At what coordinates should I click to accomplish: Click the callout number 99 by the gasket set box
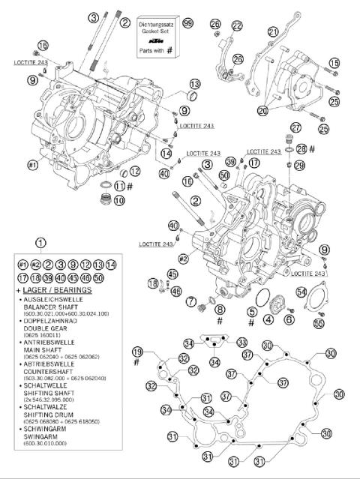187,24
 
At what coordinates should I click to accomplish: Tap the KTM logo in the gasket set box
155,40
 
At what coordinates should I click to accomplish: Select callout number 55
319,323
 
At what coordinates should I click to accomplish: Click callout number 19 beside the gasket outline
137,352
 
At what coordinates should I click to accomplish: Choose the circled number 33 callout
242,343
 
